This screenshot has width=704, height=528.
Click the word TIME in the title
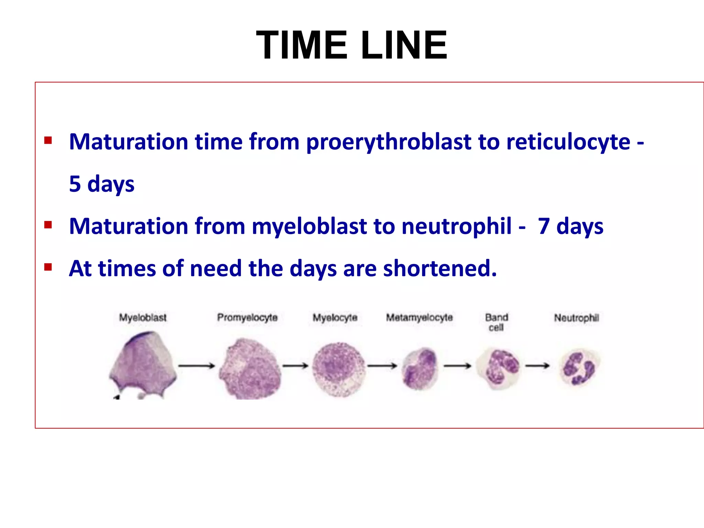coord(301,45)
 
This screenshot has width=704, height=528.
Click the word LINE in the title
coord(404,45)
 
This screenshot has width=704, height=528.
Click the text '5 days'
coord(102,184)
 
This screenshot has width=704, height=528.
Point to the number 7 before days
coord(543,226)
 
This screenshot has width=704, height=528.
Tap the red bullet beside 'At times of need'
coord(48,267)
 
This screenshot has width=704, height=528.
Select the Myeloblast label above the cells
coord(143,318)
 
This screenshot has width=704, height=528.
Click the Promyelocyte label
coord(247,318)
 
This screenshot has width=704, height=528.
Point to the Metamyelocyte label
coord(419,318)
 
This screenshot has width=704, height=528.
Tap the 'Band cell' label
coord(496,322)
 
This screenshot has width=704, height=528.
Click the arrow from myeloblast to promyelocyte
coord(196,366)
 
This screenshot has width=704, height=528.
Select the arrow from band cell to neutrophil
coord(537,366)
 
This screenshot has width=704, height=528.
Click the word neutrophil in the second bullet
coord(456,226)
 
